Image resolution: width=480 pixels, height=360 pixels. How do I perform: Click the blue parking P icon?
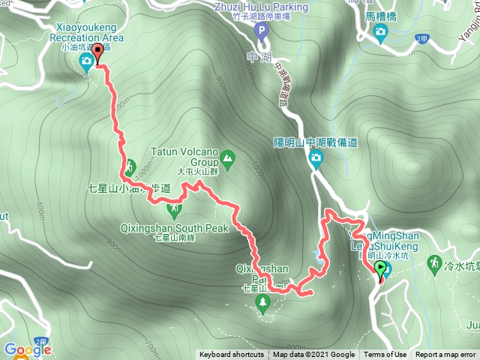coord(261,31)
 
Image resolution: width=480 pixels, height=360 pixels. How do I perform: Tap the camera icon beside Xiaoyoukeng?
coord(87,60)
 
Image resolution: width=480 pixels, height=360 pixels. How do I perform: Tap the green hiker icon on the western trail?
coord(129,166)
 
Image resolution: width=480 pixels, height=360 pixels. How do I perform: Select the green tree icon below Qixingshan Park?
coord(262,302)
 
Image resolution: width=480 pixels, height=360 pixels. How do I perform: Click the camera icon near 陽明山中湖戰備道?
coord(316,157)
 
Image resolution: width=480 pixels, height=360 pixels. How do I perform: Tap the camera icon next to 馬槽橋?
coord(381,31)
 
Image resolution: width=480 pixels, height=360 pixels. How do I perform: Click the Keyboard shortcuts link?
coord(231,355)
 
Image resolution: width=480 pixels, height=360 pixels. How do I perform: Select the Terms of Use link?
coord(385,355)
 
